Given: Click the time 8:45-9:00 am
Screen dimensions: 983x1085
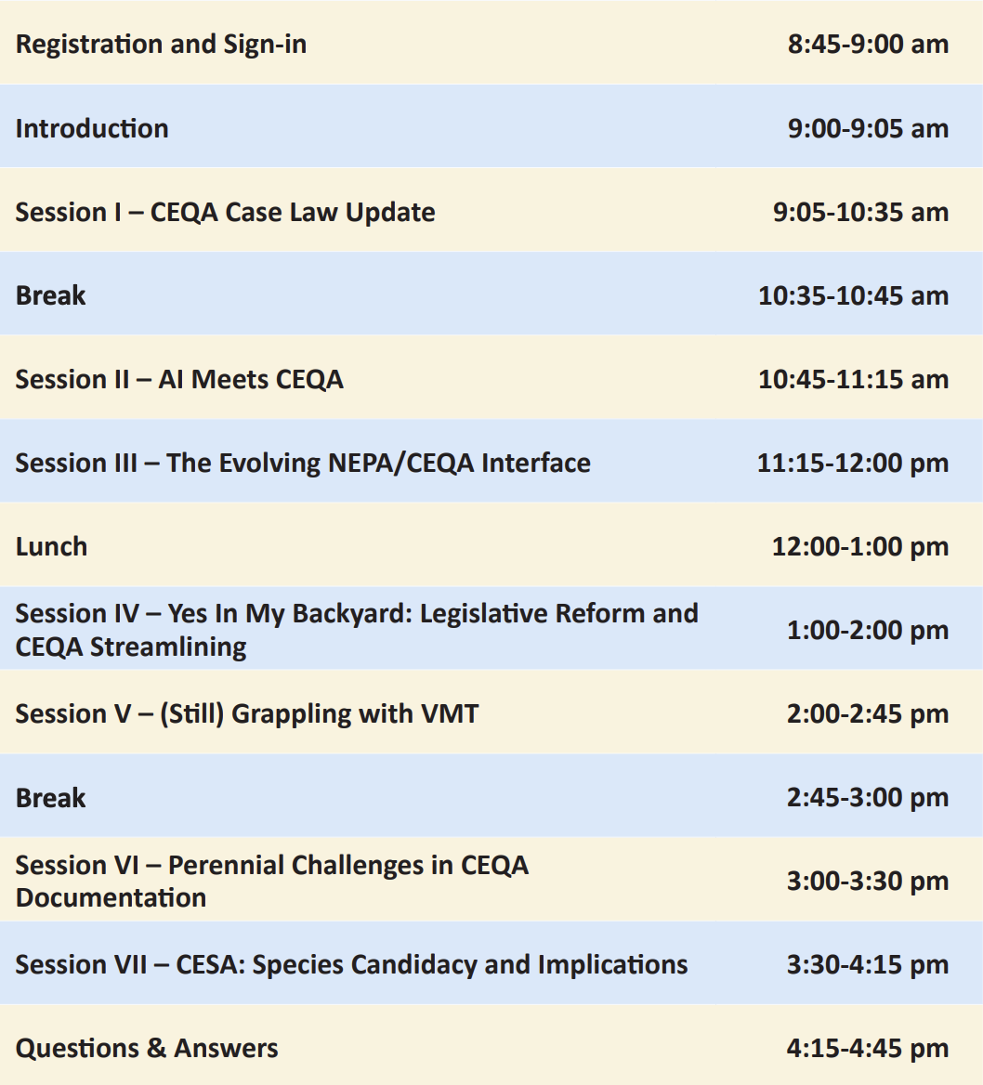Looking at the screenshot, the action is tap(868, 44).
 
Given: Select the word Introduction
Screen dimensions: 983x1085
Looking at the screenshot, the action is tap(92, 128).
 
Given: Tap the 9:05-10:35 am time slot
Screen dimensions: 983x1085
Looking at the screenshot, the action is tap(860, 212).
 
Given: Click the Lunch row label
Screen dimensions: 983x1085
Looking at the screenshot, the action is tap(51, 546).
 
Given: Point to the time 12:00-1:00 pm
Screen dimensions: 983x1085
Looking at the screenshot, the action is tap(860, 546).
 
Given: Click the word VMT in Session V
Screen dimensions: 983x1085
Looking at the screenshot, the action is tap(450, 713).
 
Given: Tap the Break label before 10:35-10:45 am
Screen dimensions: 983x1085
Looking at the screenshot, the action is tap(50, 295).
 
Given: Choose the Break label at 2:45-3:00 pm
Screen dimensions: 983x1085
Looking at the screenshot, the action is tap(50, 798).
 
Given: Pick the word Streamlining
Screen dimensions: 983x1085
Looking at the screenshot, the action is tap(168, 647).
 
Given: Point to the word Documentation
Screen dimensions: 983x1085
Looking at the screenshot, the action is tap(111, 897).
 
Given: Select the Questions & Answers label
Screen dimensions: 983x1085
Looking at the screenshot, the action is tap(147, 1049).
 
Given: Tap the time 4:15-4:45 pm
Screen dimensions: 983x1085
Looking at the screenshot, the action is tap(868, 1049).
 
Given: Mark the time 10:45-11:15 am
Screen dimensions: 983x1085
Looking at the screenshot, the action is tap(854, 379).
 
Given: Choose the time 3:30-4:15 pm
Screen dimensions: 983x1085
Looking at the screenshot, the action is tap(868, 964).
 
